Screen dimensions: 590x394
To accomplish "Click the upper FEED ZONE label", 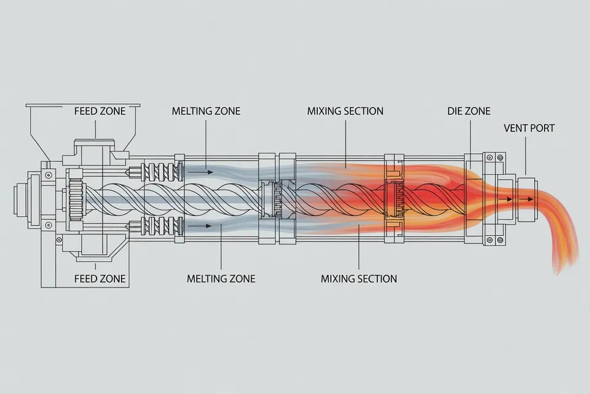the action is click(100, 111).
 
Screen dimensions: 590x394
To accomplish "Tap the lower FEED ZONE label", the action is click(100, 279).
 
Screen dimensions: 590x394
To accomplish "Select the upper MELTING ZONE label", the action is click(206, 111).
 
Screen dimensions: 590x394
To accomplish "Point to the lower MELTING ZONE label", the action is click(221, 279).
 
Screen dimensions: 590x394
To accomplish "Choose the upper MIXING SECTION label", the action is click(345, 111).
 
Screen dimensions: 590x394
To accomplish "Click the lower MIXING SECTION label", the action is click(358, 279).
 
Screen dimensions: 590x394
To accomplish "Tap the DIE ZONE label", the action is click(469, 111).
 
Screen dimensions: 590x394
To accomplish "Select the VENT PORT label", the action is click(529, 128).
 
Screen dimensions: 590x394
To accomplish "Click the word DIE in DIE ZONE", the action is click(455, 111).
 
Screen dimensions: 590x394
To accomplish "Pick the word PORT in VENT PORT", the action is click(542, 128).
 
